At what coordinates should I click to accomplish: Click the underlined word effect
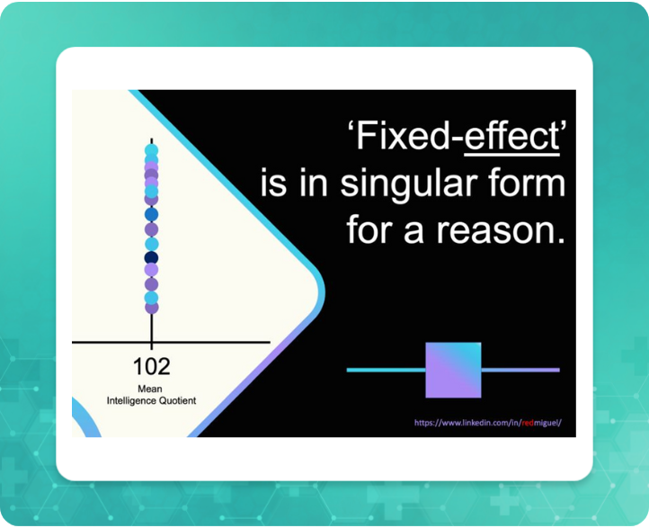511,137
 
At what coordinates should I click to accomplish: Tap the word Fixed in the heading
404,136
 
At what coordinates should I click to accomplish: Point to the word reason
501,231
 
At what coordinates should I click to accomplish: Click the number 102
152,367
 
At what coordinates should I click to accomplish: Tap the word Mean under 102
150,389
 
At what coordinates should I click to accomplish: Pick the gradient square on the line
453,370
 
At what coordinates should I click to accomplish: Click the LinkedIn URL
487,423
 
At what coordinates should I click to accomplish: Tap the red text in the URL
528,423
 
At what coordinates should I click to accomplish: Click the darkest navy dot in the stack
152,257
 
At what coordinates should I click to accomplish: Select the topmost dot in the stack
152,150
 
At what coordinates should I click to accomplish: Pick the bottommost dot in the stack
152,308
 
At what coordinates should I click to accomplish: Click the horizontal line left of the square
386,370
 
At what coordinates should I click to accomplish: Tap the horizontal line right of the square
520,370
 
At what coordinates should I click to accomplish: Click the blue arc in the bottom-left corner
88,419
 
